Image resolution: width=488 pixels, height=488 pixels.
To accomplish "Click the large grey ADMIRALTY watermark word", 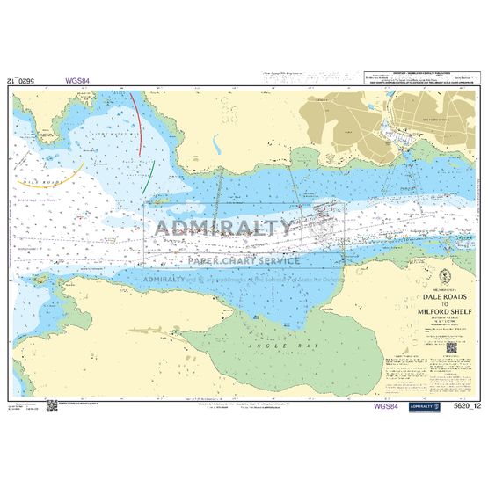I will [x=224, y=227].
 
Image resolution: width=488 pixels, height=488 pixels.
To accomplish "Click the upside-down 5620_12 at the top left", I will [x=21, y=81].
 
